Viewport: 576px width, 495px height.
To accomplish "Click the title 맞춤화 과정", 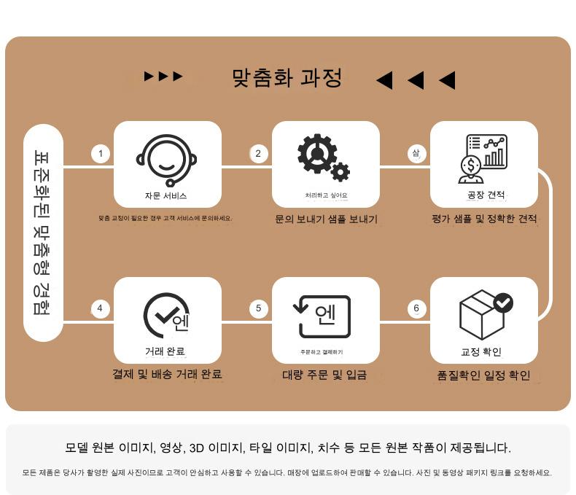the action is coord(287,77).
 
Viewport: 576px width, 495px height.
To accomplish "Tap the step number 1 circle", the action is coord(101,153).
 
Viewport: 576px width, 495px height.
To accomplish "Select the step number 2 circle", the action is coord(258,153).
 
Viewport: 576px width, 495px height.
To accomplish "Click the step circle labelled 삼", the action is coord(416,153).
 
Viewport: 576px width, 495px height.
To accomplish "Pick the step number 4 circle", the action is coord(100,308).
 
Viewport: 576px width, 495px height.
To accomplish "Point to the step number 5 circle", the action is coord(258,308).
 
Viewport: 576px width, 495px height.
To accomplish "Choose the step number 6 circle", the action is coord(416,308).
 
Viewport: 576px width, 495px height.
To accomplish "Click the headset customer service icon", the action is coord(167,160).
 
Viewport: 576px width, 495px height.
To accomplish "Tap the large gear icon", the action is coord(317,154).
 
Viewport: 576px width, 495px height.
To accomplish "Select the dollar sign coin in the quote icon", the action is coord(470,165).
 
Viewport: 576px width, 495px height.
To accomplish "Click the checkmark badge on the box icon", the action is coord(503,303).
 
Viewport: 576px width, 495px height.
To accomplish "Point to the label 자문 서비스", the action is coord(166,195).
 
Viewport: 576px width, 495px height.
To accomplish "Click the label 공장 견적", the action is coord(486,195).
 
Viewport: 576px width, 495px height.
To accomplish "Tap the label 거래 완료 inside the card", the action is coord(165,351).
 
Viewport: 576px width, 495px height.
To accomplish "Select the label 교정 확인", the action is coord(481,352).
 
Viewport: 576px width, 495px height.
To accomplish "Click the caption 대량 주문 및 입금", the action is coord(324,375).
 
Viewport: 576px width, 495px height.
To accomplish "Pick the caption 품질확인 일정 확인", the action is coord(483,375).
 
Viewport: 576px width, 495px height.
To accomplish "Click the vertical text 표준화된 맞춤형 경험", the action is coord(42,232).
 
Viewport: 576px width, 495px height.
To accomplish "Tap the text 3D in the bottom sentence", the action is coord(197,448).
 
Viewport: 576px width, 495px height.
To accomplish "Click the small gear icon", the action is coord(340,171).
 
